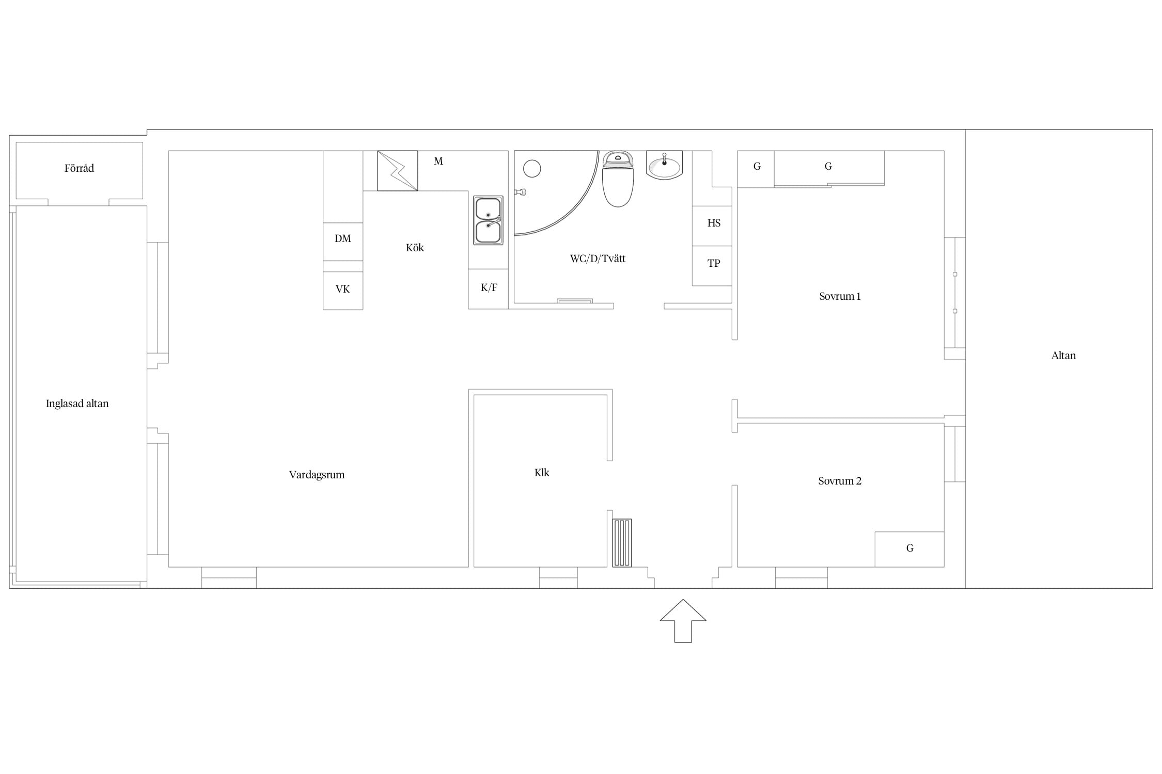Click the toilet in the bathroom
(x=618, y=179)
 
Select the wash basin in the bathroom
(x=664, y=165)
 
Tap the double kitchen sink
(x=488, y=220)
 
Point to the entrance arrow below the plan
(x=683, y=621)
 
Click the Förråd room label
(x=79, y=168)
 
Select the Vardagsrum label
(x=317, y=475)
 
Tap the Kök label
(x=415, y=248)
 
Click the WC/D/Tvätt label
(x=598, y=259)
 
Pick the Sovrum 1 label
(x=840, y=296)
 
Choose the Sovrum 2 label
(x=840, y=481)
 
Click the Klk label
(x=542, y=473)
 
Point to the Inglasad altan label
(x=77, y=404)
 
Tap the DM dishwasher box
(x=343, y=241)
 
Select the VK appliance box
(x=343, y=291)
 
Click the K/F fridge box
(x=489, y=289)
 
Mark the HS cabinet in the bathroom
(x=712, y=226)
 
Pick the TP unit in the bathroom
(x=712, y=266)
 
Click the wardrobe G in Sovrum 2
(x=909, y=550)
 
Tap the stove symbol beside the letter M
(x=398, y=171)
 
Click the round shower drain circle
(x=532, y=169)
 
